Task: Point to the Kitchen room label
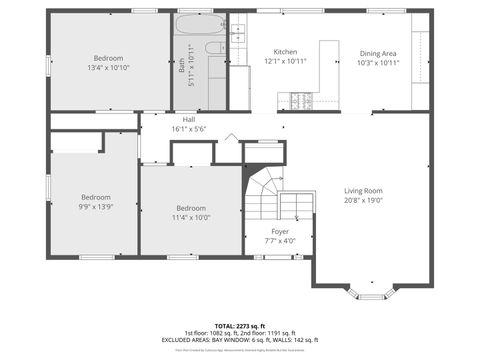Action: tap(286, 52)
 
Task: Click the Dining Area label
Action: tap(378, 52)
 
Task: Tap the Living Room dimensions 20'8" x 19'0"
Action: tap(364, 200)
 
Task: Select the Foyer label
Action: tap(280, 231)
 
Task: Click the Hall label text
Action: tap(188, 119)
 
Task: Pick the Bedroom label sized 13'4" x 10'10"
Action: tap(109, 58)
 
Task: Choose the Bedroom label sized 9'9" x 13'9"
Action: tap(96, 197)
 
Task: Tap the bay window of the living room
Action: tap(372, 293)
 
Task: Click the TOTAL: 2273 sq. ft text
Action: tap(239, 325)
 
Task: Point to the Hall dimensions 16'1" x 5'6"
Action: tap(188, 129)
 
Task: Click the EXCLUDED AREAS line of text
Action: tap(239, 340)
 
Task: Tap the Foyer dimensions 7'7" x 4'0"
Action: tap(280, 241)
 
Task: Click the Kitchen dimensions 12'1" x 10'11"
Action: tap(286, 62)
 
